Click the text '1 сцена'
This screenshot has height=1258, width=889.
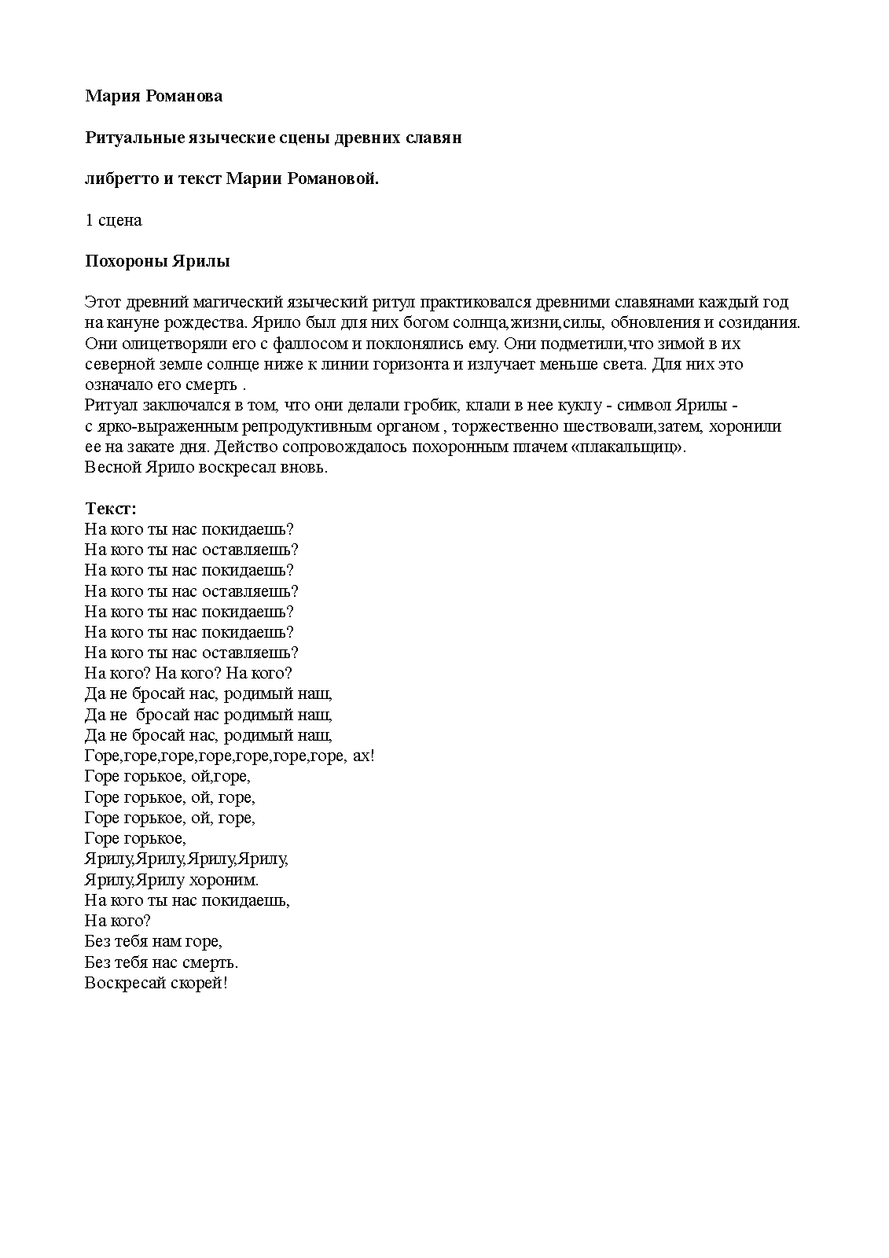click(113, 220)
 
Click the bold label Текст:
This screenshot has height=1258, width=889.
click(111, 509)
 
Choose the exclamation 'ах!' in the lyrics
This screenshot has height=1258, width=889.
click(362, 756)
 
